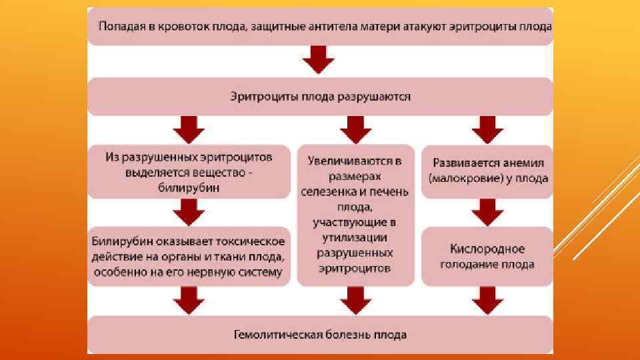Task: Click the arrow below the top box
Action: coord(319,62)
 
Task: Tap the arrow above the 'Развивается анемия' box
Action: coord(487,129)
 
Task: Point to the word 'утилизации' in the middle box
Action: coord(354,237)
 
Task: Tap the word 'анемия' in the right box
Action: coord(523,163)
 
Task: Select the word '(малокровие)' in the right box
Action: coord(459,178)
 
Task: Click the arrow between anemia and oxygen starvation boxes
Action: coord(487,213)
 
